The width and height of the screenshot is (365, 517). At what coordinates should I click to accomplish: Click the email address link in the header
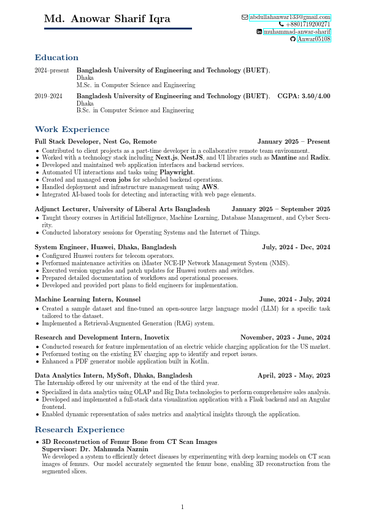click(x=290, y=17)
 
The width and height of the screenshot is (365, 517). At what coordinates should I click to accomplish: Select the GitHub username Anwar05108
click(x=313, y=39)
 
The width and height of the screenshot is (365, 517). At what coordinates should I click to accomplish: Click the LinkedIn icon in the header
click(x=259, y=32)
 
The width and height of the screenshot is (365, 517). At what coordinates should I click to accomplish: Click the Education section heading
click(x=56, y=58)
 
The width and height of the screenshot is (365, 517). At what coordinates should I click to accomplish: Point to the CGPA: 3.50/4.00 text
click(x=304, y=96)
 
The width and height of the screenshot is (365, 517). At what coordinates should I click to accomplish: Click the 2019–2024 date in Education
click(x=48, y=96)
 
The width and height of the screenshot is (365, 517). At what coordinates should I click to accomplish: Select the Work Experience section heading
click(x=72, y=130)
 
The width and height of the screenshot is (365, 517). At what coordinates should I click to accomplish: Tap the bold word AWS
click(x=210, y=187)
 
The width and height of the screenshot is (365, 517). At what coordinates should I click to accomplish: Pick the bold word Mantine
click(x=285, y=158)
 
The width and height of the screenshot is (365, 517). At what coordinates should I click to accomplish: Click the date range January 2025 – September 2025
click(x=280, y=209)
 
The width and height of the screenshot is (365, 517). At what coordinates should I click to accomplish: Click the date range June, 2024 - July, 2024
click(x=294, y=299)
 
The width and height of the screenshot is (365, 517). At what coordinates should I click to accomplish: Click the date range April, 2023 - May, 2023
click(x=294, y=375)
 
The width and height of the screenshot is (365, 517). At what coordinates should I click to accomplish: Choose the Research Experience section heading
click(x=80, y=430)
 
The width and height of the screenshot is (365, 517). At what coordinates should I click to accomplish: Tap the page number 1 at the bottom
click(x=182, y=507)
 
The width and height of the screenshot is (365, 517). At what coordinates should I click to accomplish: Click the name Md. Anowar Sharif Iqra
click(x=118, y=19)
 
